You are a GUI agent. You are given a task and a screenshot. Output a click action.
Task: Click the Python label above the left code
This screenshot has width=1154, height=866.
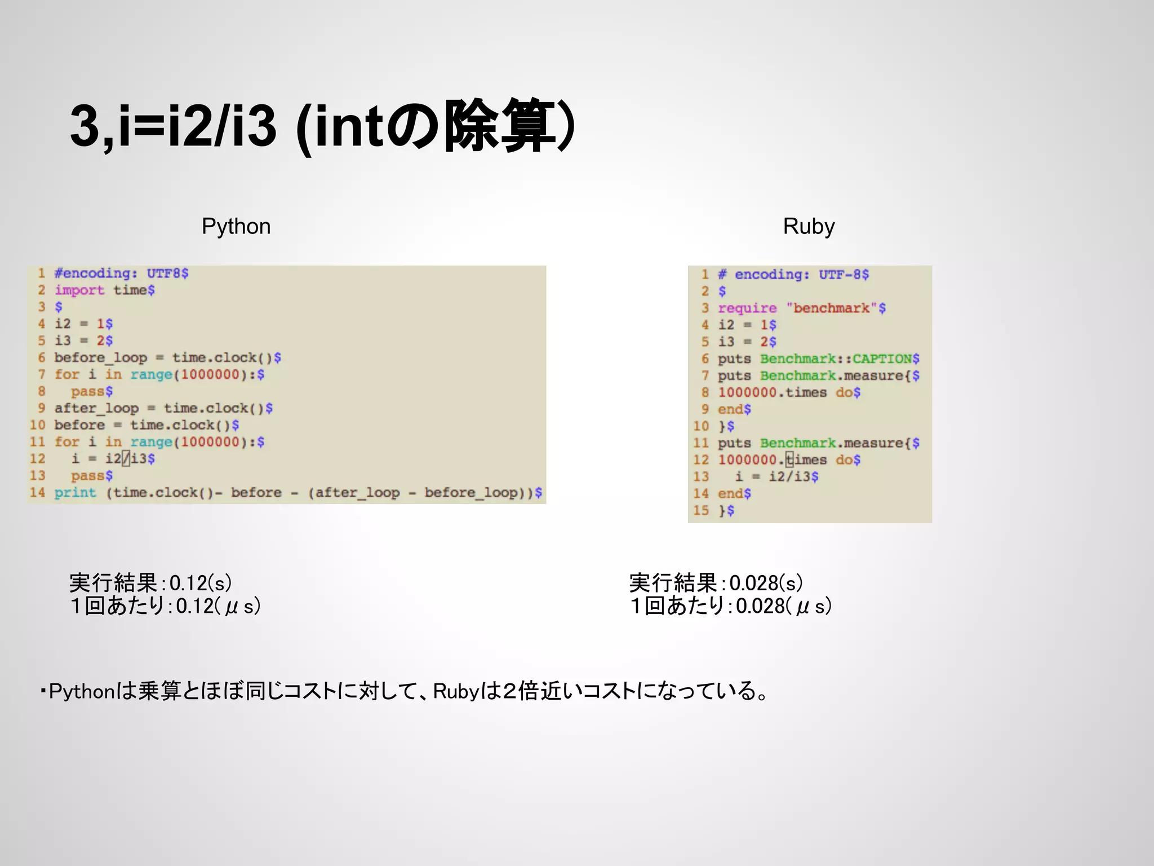pyautogui.click(x=236, y=227)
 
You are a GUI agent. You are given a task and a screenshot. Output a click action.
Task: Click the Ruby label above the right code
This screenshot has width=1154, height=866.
pyautogui.click(x=809, y=227)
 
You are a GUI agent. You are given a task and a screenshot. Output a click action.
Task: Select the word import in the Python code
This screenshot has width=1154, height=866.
pyautogui.click(x=79, y=290)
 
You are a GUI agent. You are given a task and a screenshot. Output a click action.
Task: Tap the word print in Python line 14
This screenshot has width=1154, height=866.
pyautogui.click(x=75, y=493)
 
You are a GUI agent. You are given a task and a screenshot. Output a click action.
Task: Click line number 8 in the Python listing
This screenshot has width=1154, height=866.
pyautogui.click(x=42, y=391)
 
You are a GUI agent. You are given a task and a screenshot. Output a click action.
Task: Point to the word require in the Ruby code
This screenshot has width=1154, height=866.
pyautogui.click(x=747, y=308)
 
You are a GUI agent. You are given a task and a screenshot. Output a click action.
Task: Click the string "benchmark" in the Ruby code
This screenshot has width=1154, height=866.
pyautogui.click(x=832, y=308)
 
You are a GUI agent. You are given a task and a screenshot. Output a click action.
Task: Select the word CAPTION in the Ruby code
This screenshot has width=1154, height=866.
pyautogui.click(x=882, y=359)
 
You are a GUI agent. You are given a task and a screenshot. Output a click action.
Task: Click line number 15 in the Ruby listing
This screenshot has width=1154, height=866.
pyautogui.click(x=701, y=511)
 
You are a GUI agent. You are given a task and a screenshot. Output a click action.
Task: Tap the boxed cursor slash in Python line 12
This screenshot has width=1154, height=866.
pyautogui.click(x=126, y=459)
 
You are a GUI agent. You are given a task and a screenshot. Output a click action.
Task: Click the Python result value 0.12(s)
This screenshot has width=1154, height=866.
pyautogui.click(x=200, y=583)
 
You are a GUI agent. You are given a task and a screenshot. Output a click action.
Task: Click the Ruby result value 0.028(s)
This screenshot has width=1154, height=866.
pyautogui.click(x=766, y=583)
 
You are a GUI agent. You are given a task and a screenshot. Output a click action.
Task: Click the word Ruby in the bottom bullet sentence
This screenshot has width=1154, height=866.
pyautogui.click(x=456, y=691)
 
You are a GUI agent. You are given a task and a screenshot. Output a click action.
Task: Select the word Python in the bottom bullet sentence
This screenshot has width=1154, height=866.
pyautogui.click(x=82, y=691)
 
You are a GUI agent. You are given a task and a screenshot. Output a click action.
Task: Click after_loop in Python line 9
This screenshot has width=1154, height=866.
pyautogui.click(x=96, y=408)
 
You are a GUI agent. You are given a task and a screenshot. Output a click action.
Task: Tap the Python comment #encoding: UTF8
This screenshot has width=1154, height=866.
pyautogui.click(x=121, y=273)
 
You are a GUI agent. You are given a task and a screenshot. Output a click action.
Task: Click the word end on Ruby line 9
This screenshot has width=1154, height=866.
pyautogui.click(x=730, y=409)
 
